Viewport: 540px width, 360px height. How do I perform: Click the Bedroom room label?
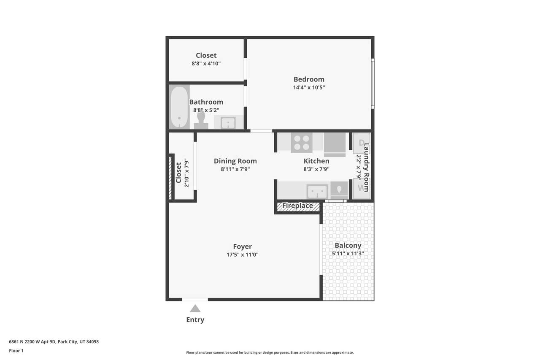click(309, 79)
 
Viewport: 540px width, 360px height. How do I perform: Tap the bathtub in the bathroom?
click(179, 107)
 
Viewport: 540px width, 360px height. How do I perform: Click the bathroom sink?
click(228, 123)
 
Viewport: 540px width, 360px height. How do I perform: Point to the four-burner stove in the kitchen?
click(302, 143)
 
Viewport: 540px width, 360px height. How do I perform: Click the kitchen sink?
click(317, 192)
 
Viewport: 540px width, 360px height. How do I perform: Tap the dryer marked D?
click(362, 143)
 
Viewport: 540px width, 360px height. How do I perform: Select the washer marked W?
click(362, 188)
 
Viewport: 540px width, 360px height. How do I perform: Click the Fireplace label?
click(297, 206)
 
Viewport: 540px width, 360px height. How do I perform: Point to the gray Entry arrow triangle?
click(195, 309)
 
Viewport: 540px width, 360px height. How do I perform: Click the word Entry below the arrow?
click(195, 320)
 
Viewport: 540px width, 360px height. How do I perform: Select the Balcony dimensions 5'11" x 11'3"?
click(348, 253)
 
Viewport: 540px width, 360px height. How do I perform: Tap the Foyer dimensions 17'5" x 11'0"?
click(242, 254)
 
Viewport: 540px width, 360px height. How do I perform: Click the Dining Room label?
click(235, 161)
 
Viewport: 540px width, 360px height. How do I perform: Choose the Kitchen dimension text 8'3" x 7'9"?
click(316, 169)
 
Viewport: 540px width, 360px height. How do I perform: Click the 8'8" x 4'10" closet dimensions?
click(206, 63)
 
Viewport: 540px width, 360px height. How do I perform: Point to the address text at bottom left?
click(54, 342)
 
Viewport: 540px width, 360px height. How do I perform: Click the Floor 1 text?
click(16, 351)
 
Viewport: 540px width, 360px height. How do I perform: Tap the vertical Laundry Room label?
click(366, 168)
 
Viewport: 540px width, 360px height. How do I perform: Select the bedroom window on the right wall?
click(373, 84)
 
